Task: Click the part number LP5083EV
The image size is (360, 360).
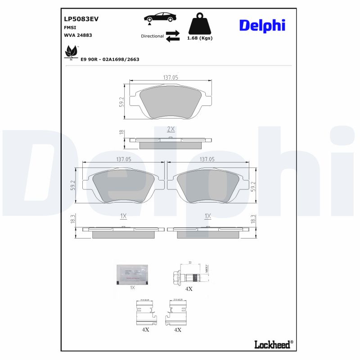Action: [x=81, y=19]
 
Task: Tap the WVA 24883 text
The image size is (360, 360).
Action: [x=78, y=35]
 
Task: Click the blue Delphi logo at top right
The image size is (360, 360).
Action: [x=262, y=25]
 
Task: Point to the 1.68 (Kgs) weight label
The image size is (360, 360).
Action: [x=199, y=38]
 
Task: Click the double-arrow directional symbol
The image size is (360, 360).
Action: [x=172, y=36]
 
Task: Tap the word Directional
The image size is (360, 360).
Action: [x=152, y=36]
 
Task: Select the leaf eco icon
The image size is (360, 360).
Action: [x=71, y=52]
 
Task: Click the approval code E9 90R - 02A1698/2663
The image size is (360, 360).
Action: [x=110, y=59]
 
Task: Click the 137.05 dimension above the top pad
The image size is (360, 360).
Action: [x=171, y=78]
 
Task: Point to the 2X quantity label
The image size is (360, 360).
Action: [x=171, y=129]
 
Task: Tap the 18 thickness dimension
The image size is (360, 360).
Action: [x=121, y=133]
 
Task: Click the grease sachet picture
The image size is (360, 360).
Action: [x=132, y=274]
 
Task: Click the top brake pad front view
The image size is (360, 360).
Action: [x=171, y=103]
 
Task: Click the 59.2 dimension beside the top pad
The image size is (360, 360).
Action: [x=121, y=102]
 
